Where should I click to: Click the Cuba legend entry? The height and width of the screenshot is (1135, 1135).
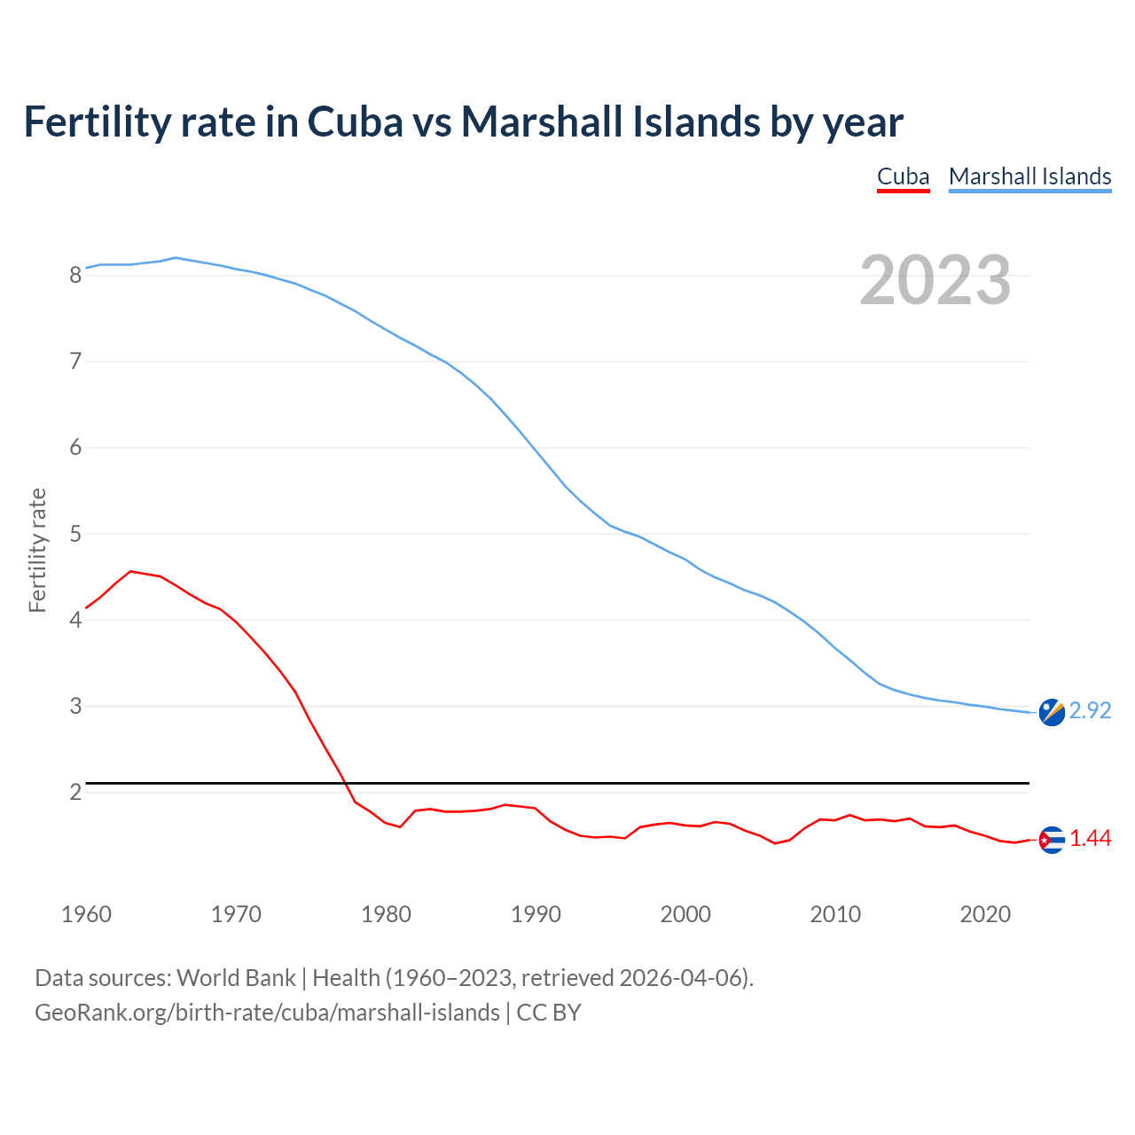tap(903, 176)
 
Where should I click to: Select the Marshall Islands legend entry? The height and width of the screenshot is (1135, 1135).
tap(1029, 176)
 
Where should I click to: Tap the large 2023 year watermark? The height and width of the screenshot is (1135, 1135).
tap(935, 280)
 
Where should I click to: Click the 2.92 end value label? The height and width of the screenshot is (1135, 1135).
tap(1090, 711)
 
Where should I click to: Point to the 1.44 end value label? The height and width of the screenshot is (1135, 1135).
tap(1090, 839)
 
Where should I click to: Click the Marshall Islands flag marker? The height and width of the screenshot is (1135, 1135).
tap(1052, 712)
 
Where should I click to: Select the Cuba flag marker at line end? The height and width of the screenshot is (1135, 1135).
tap(1052, 840)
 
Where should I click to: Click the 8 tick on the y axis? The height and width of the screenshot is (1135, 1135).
tap(76, 276)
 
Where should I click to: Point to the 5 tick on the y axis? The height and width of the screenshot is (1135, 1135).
tap(76, 535)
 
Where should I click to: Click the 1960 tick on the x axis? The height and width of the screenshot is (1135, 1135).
tap(86, 914)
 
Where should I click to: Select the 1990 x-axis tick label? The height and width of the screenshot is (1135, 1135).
tap(536, 914)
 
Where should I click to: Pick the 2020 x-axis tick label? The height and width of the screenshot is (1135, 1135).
tap(985, 914)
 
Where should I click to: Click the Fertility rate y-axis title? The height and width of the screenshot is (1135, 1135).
tap(37, 550)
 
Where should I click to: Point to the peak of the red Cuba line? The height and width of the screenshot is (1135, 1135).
tap(130, 572)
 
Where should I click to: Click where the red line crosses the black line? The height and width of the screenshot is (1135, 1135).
tap(345, 783)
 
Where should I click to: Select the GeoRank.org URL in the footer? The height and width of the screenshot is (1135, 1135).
tap(267, 1013)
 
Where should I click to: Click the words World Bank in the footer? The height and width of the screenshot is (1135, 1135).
tap(236, 978)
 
